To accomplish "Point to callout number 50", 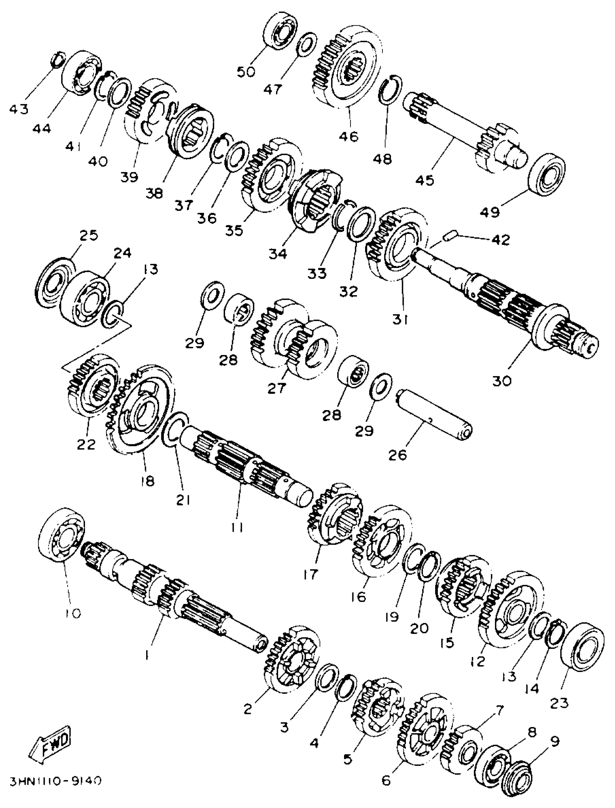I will pyautogui.click(x=246, y=72).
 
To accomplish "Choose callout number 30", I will pyautogui.click(x=502, y=381).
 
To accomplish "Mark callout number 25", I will pyautogui.click(x=89, y=235).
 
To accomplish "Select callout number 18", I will pyautogui.click(x=147, y=480).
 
